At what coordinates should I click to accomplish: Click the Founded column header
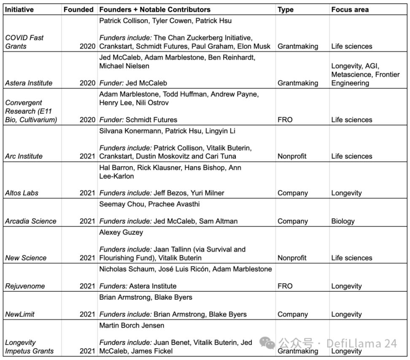78,9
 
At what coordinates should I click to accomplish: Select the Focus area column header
350,9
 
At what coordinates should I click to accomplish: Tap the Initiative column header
19,9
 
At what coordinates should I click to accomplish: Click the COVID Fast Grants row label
24,42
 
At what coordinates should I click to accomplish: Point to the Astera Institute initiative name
29,83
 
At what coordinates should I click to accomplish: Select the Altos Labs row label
22,193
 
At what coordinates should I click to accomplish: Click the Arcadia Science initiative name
31,221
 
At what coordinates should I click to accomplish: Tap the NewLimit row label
20,314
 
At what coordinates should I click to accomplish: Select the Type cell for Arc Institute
291,156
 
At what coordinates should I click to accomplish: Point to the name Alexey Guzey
121,233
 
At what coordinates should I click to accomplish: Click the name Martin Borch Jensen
131,326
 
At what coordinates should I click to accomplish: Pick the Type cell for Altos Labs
292,193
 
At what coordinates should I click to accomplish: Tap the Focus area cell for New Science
352,258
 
